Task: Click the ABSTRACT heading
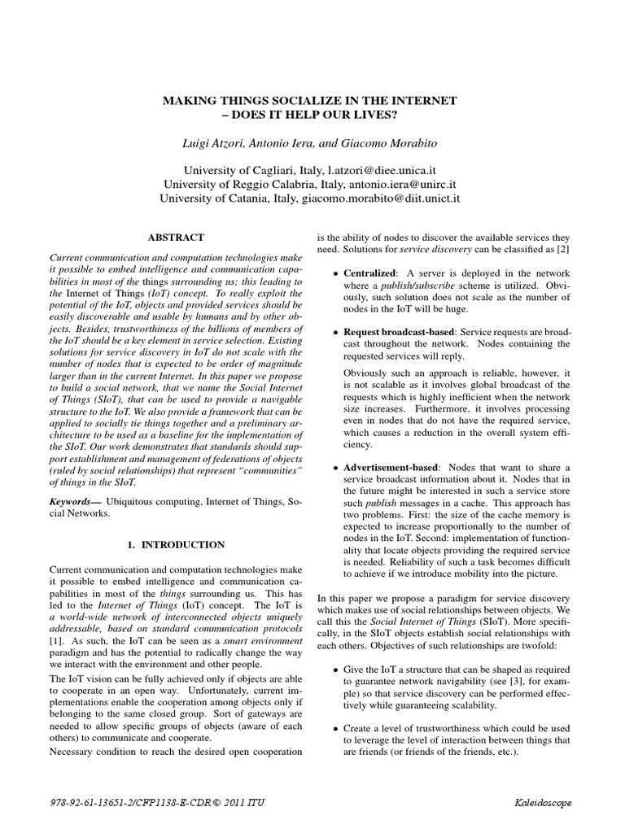(x=175, y=238)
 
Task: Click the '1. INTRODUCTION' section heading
(x=175, y=543)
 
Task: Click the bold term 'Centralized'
(x=369, y=273)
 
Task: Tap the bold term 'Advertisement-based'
(x=391, y=468)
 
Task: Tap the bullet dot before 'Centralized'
(x=334, y=274)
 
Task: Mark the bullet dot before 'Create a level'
(x=334, y=730)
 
